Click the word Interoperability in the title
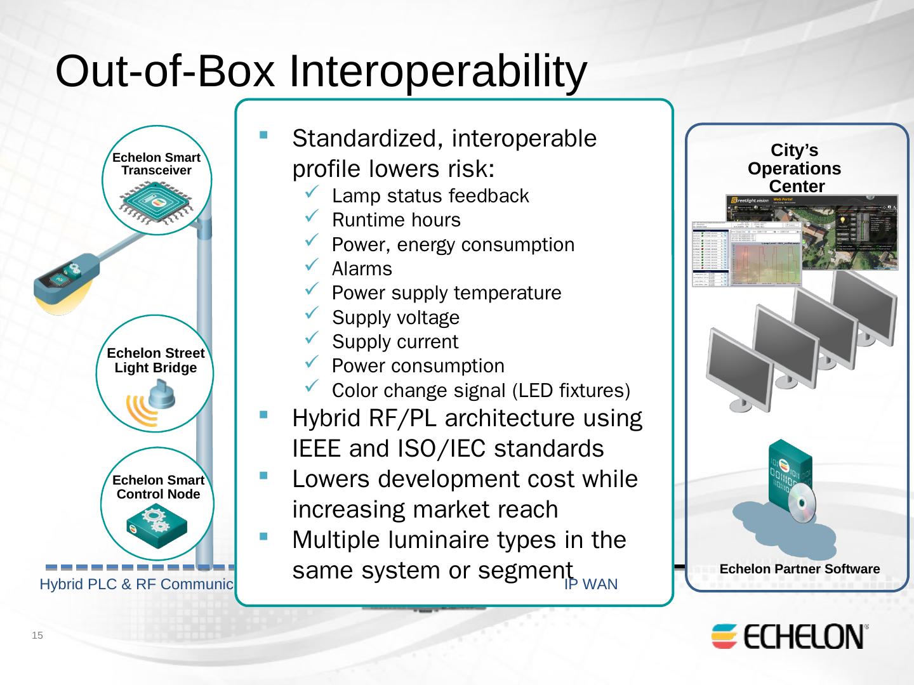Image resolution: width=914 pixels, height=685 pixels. coord(437,71)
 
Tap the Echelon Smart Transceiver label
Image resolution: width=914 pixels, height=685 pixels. coord(156,164)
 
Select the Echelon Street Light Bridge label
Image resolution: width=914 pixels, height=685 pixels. coord(156,360)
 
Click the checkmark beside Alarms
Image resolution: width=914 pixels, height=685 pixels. coord(312,267)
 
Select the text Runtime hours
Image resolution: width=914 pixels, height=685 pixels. coord(396,220)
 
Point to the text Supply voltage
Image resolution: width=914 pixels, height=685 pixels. coord(395,317)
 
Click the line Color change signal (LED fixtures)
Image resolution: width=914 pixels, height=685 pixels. coord(480,390)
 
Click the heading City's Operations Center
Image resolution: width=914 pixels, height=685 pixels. coord(795,168)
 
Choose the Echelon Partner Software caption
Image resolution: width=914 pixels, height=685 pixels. coord(800,569)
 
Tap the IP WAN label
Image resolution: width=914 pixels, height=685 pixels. coord(591,584)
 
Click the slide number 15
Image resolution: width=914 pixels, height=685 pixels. coord(37,636)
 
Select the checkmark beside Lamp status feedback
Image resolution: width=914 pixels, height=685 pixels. coord(312,194)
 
